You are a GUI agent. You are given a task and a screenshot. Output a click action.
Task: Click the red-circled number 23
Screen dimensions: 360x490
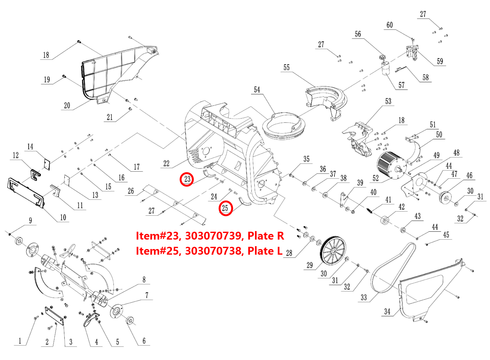click(x=187, y=179)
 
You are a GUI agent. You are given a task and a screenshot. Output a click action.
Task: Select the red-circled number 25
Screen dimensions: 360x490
click(x=225, y=208)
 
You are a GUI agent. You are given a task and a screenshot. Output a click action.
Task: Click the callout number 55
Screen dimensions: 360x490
click(x=286, y=68)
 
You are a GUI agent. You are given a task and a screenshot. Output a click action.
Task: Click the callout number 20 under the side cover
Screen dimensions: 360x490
click(x=67, y=106)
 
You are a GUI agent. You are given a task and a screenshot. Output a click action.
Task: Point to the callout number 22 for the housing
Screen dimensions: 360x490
click(x=166, y=163)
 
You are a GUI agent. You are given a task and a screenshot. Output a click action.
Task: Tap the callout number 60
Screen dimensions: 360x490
click(x=390, y=25)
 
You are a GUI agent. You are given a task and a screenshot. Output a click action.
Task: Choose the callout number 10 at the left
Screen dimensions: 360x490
click(x=63, y=217)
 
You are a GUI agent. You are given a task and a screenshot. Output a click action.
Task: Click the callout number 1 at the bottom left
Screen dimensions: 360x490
click(x=20, y=341)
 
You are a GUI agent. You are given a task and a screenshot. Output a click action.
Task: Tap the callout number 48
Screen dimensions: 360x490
click(x=456, y=153)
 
